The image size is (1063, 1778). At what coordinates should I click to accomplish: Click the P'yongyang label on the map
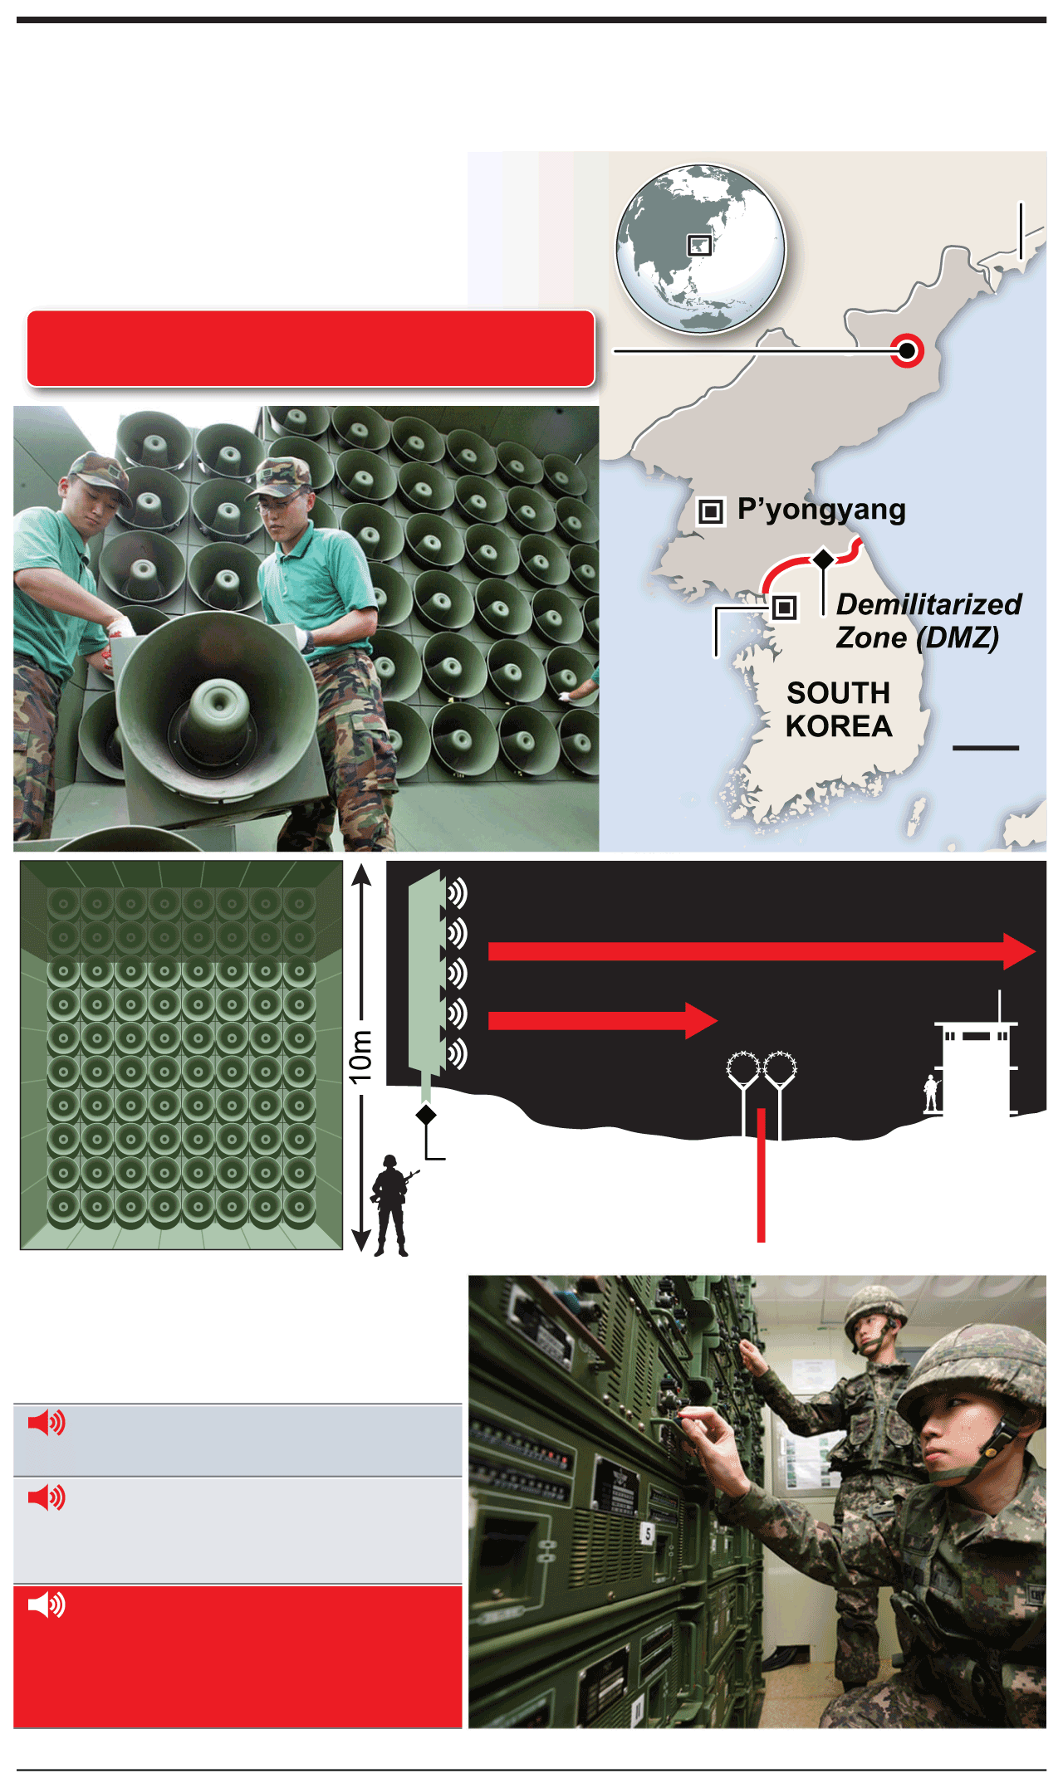821,510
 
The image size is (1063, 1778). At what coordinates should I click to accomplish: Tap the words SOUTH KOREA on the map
839,710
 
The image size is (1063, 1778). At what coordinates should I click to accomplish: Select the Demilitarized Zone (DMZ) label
928,621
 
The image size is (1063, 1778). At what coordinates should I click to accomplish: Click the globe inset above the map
700,249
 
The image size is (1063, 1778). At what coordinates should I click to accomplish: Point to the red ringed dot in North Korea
907,350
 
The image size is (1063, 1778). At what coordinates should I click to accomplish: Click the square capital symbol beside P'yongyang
710,511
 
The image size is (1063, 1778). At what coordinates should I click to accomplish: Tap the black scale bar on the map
986,748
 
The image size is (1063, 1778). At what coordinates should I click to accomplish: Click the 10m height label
360,1056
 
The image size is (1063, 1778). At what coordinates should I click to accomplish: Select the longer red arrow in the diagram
762,951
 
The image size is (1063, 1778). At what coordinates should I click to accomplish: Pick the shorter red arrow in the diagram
603,1020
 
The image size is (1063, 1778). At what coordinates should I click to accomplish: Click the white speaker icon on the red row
47,1605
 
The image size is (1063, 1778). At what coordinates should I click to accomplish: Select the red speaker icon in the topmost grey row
47,1423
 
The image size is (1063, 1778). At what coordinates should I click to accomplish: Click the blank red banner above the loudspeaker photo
311,349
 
